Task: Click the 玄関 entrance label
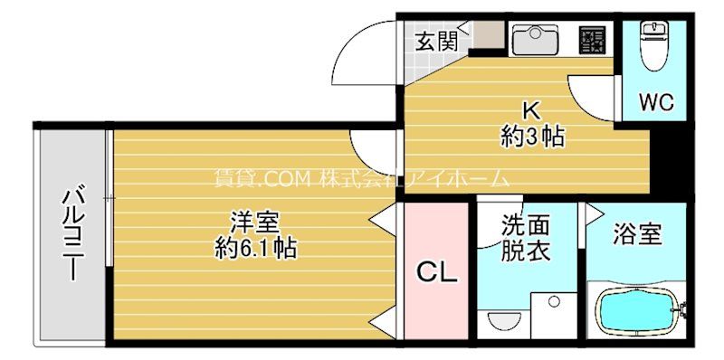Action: (436, 43)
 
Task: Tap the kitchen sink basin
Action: (536, 38)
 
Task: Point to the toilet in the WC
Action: (653, 46)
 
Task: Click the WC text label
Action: (657, 102)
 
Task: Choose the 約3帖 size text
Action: (533, 137)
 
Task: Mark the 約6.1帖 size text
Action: (255, 249)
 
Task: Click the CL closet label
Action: (437, 273)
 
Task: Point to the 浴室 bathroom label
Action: (638, 234)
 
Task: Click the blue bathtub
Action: (639, 309)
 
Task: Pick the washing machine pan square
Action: (554, 316)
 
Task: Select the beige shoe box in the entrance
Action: (490, 34)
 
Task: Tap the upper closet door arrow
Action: (383, 219)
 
